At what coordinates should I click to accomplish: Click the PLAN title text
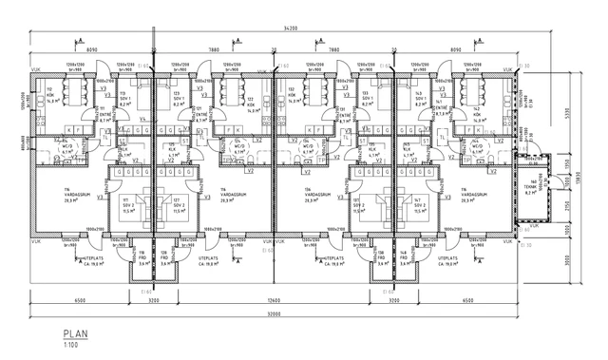[75, 334]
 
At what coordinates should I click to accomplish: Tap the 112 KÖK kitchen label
[51, 96]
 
